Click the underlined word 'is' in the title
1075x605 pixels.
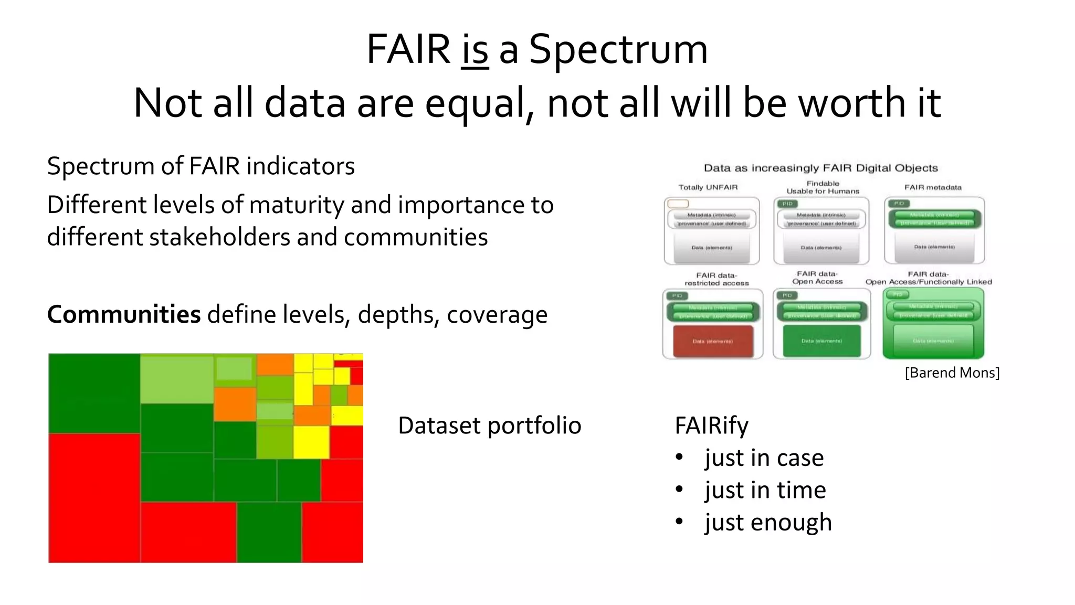pos(475,50)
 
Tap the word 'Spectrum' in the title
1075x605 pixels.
pos(618,50)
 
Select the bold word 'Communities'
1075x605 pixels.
pos(124,314)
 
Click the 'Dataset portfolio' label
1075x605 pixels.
pos(489,426)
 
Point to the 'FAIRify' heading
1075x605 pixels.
pos(711,426)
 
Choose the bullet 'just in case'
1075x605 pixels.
pos(764,458)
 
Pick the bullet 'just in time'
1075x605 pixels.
pos(765,490)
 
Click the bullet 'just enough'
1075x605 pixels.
pos(768,523)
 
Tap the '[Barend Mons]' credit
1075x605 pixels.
pos(952,373)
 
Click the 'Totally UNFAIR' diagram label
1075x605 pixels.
pos(708,187)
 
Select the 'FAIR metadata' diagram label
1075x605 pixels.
pos(933,187)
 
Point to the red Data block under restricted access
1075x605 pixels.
pos(713,341)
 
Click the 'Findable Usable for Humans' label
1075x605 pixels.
pos(823,187)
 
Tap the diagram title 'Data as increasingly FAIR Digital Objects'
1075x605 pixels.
pos(820,168)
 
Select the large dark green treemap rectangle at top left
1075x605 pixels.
pos(94,393)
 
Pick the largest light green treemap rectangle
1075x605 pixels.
pos(177,379)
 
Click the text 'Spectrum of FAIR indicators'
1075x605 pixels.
pos(201,166)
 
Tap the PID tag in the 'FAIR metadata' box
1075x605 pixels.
pos(899,204)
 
